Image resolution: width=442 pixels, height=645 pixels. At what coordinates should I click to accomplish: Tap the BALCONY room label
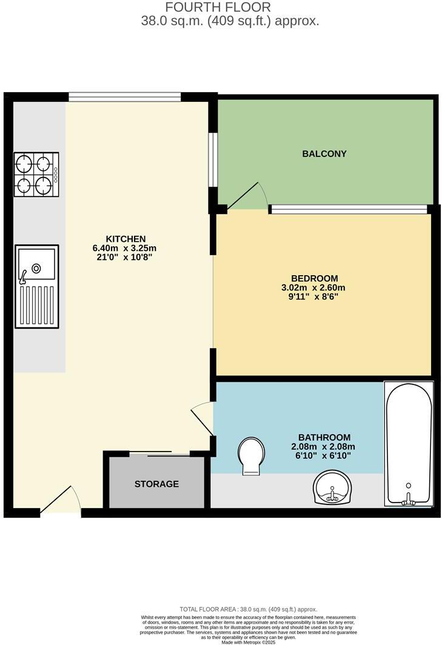[x=324, y=154]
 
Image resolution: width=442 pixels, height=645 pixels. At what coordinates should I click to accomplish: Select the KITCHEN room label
[x=126, y=238]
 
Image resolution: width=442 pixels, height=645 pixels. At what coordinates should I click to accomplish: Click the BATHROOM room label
[x=324, y=437]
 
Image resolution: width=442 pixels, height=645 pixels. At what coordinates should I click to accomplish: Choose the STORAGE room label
[x=156, y=484]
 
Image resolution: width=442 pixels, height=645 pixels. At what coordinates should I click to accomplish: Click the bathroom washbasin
[x=333, y=489]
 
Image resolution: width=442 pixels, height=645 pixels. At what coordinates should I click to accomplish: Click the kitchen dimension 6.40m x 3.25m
[x=126, y=248]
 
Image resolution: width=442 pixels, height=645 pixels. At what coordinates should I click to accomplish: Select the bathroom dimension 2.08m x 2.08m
[x=324, y=447]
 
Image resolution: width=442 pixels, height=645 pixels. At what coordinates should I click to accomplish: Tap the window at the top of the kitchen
[x=124, y=96]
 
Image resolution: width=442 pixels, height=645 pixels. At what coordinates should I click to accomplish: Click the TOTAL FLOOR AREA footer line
[x=249, y=609]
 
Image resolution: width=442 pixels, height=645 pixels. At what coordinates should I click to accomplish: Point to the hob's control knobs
[x=56, y=175]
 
